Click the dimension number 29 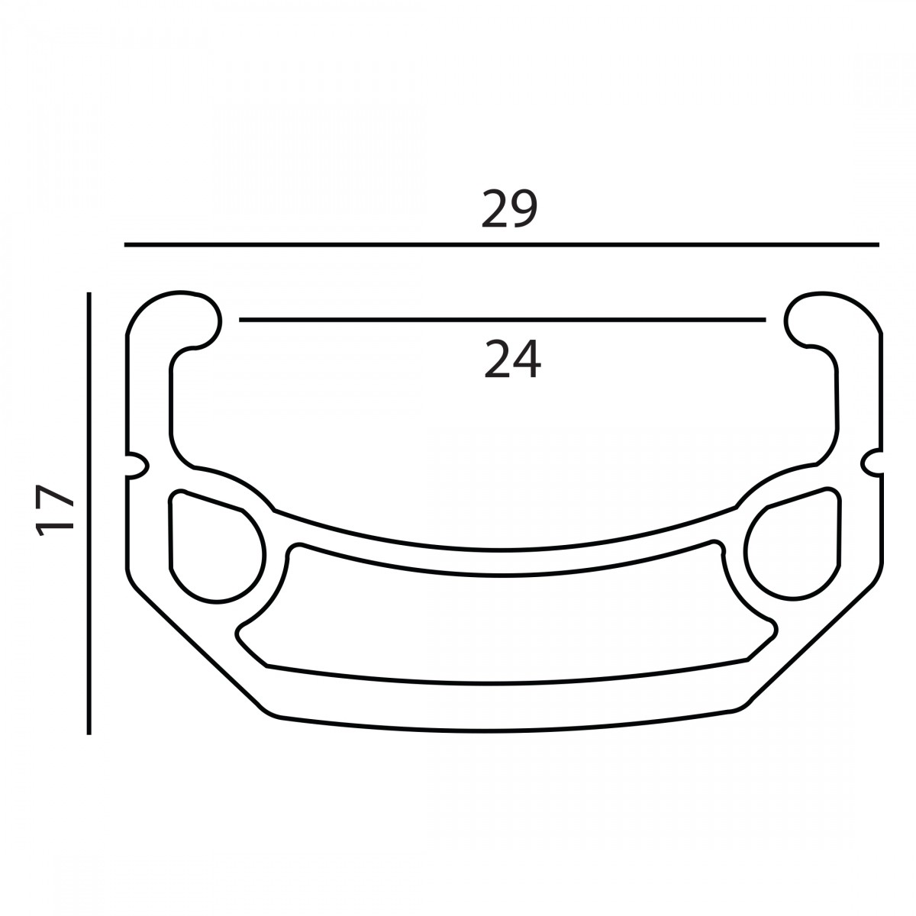(509, 209)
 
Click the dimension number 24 (512, 360)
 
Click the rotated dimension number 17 (55, 510)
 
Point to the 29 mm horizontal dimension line (502, 245)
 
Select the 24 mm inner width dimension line (502, 320)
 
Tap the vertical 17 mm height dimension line (89, 514)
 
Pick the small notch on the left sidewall (138, 466)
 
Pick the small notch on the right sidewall (872, 462)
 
